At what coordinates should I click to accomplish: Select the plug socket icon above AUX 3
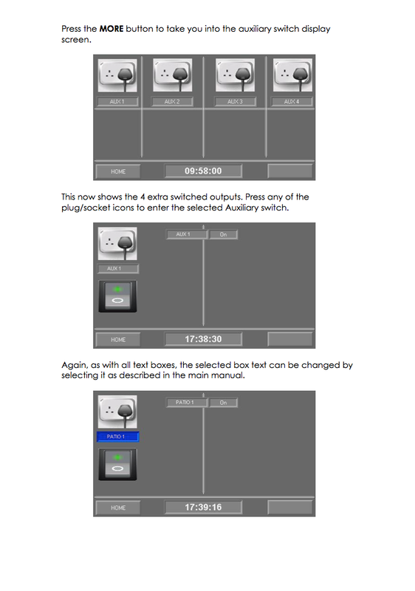tap(235, 76)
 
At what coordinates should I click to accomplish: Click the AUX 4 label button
tap(292, 101)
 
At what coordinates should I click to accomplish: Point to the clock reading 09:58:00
tap(203, 171)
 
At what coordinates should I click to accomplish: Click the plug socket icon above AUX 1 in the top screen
tap(117, 76)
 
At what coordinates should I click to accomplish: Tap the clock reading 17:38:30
tap(203, 339)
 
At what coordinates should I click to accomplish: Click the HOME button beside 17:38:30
tap(118, 340)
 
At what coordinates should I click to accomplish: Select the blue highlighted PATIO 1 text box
tap(118, 437)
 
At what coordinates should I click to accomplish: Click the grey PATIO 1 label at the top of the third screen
tap(185, 403)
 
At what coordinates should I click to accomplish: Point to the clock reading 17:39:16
tap(203, 508)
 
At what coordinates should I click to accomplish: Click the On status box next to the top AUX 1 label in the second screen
tap(223, 234)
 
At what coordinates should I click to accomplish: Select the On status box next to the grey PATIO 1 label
tap(223, 403)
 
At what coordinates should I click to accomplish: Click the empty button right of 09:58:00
tap(289, 171)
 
